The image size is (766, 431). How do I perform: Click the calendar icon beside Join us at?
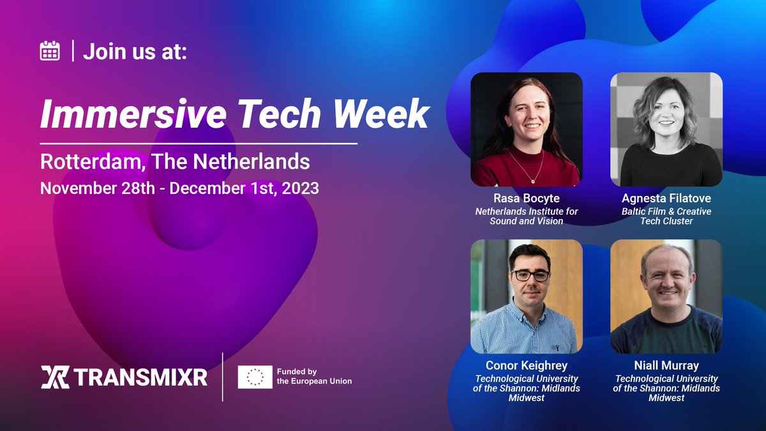pyautogui.click(x=50, y=50)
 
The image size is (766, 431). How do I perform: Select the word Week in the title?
pyautogui.click(x=383, y=114)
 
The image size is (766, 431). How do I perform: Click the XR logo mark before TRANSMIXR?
pyautogui.click(x=54, y=377)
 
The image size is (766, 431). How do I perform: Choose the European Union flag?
pyautogui.click(x=255, y=377)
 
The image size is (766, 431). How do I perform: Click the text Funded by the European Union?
pyautogui.click(x=313, y=376)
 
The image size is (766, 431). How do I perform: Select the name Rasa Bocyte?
pyautogui.click(x=526, y=199)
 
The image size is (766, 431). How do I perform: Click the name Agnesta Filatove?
pyautogui.click(x=666, y=199)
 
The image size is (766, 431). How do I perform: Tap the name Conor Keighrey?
pyautogui.click(x=526, y=366)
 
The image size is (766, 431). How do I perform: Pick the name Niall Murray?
pyautogui.click(x=666, y=366)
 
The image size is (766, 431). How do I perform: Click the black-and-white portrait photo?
pyautogui.click(x=666, y=129)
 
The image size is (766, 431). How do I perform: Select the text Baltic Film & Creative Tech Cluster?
pyautogui.click(x=666, y=216)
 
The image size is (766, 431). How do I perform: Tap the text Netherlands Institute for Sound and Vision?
pyautogui.click(x=526, y=216)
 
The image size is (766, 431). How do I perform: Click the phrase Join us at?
pyautogui.click(x=135, y=51)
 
